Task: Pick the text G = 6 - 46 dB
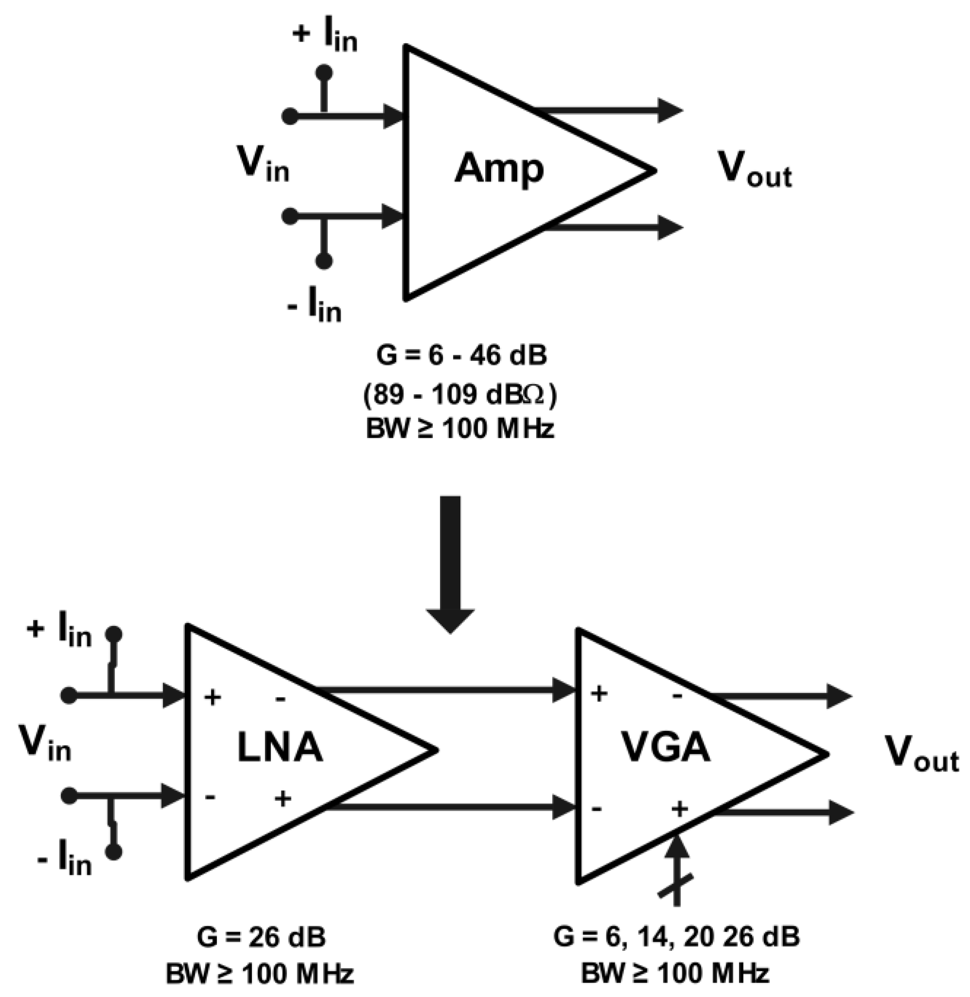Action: (x=461, y=355)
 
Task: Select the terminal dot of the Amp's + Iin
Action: (x=324, y=73)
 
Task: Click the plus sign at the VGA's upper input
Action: (x=599, y=693)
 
